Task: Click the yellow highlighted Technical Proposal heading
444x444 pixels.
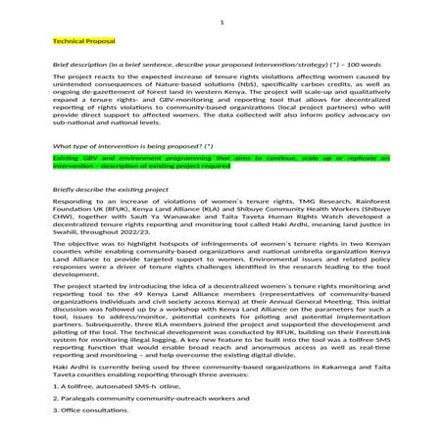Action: click(x=85, y=42)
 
